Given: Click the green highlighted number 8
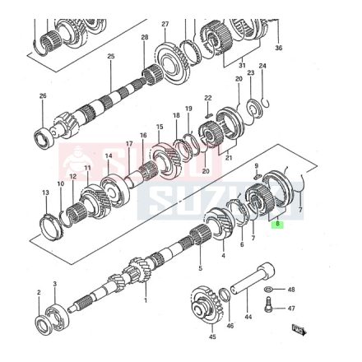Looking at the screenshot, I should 278,223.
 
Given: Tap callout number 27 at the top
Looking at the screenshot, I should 165,24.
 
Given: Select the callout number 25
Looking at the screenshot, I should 110,56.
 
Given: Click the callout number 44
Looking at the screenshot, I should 246,316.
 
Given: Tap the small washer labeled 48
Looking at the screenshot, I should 269,290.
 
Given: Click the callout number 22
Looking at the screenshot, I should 208,97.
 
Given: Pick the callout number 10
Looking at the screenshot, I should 59,183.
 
